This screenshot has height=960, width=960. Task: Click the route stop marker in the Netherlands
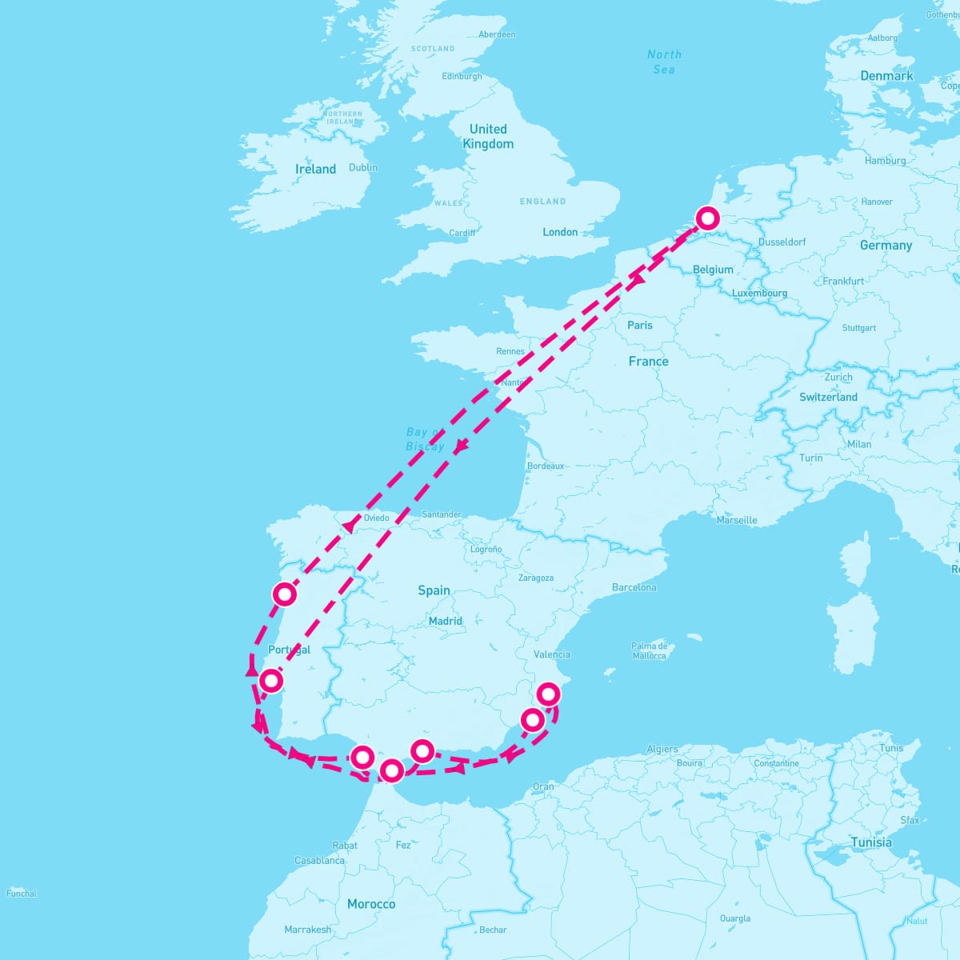point(707,218)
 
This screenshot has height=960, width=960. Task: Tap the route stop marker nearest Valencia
point(548,694)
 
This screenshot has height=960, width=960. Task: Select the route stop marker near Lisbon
point(272,681)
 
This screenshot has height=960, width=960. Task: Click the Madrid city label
point(445,621)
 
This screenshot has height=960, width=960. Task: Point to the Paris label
point(640,325)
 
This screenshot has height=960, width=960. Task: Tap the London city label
point(560,232)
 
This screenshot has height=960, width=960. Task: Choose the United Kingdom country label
point(488,136)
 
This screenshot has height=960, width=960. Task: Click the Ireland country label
point(315,169)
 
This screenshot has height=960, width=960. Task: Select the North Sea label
point(664,62)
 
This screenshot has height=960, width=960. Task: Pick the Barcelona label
point(634,587)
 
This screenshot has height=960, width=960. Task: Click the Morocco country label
point(371,904)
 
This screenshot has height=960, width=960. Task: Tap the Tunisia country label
point(871,842)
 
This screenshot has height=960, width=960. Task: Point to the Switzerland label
point(828,397)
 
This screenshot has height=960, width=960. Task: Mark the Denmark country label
point(886,76)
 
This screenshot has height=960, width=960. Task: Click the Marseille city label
point(737,520)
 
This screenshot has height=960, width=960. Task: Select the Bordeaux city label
point(546,466)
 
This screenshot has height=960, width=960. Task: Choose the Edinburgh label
point(462,77)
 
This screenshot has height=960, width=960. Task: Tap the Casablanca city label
point(319,861)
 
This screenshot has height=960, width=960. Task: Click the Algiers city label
point(662,750)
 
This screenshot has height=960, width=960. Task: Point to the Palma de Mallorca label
point(649,650)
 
